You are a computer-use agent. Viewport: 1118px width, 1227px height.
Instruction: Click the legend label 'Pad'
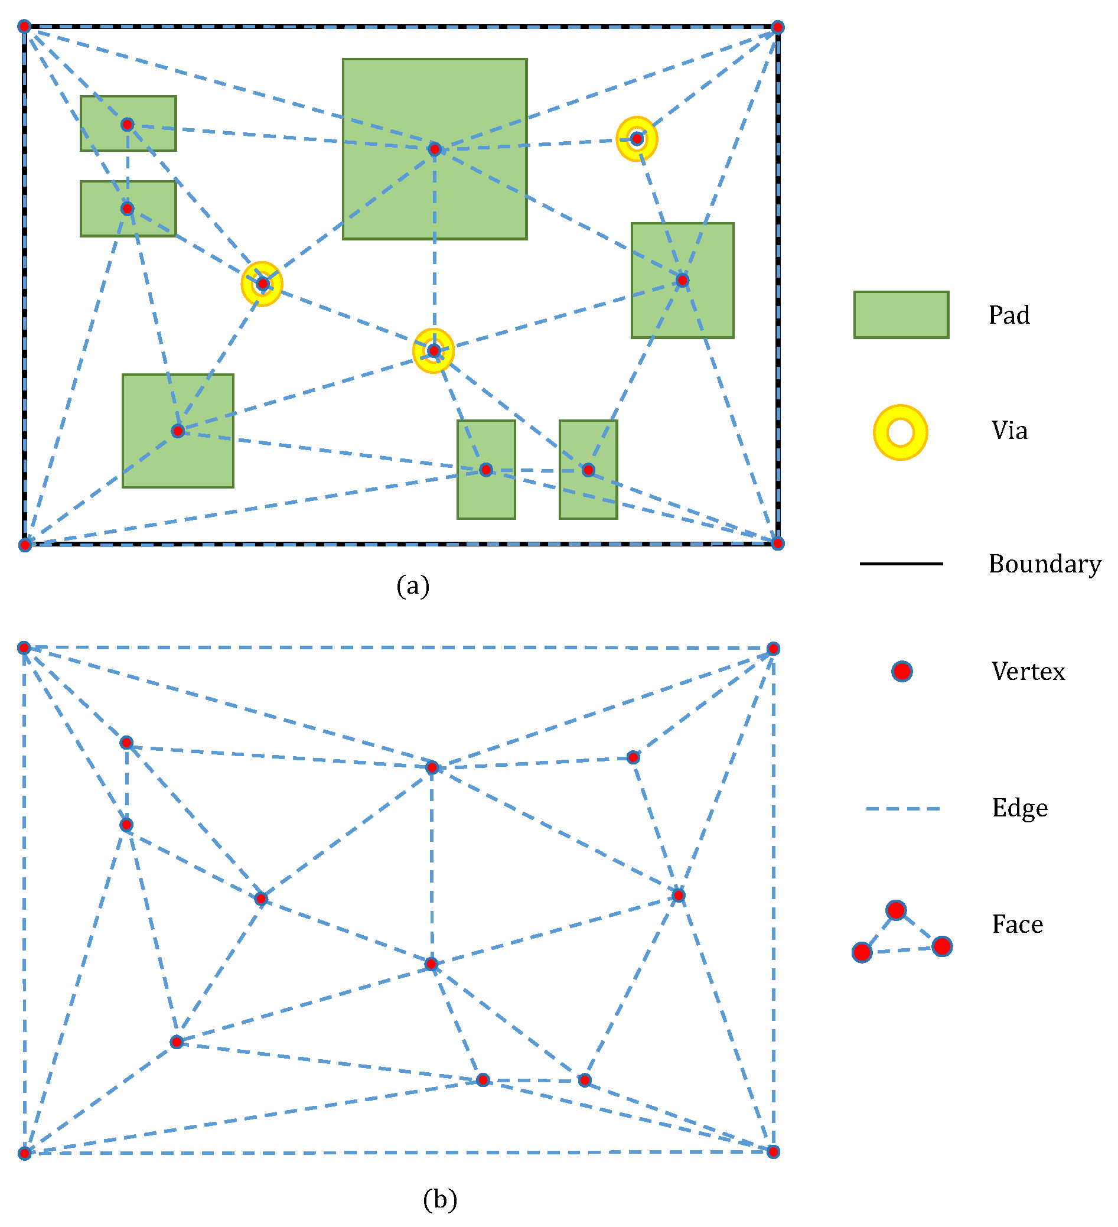[x=1009, y=315]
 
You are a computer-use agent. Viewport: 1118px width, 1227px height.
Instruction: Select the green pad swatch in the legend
[x=900, y=315]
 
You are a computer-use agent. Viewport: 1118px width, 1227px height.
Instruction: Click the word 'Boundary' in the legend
[x=1044, y=564]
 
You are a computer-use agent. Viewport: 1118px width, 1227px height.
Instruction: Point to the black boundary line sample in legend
[x=900, y=564]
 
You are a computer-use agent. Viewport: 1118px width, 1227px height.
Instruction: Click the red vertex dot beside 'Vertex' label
[x=901, y=671]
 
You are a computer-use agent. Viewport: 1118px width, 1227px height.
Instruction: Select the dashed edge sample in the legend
[x=902, y=809]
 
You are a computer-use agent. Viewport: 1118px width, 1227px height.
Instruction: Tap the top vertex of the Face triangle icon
[x=896, y=910]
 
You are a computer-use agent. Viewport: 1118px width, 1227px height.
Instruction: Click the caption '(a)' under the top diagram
[x=413, y=585]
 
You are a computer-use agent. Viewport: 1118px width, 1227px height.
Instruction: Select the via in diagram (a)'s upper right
[x=637, y=139]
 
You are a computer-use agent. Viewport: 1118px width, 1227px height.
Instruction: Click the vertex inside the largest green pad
[x=435, y=149]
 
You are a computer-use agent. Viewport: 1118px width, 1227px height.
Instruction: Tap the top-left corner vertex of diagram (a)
[x=24, y=26]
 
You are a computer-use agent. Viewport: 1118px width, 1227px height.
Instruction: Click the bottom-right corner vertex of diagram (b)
[x=773, y=1152]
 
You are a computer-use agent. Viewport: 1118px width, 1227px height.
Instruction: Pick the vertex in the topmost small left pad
[x=127, y=125]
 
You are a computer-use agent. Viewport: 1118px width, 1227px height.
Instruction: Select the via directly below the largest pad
[x=433, y=350]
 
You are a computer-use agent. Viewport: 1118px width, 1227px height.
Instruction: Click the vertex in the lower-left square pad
[x=178, y=431]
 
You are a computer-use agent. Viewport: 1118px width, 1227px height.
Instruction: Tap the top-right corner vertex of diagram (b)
[x=773, y=649]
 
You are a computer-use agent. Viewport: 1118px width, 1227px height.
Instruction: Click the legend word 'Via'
[x=1009, y=431]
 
